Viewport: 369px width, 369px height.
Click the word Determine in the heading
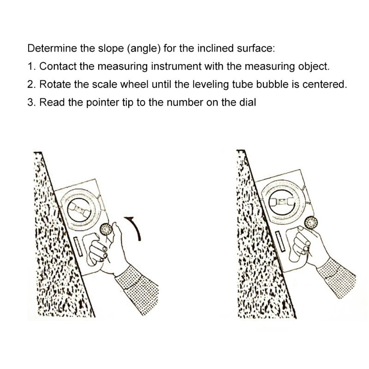(x=52, y=48)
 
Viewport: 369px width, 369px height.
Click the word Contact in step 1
(x=58, y=66)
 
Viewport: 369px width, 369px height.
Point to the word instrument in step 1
(x=176, y=66)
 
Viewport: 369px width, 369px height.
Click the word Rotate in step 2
(x=55, y=84)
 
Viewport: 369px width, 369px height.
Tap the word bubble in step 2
(x=272, y=84)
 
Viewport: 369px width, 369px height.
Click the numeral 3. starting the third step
(x=31, y=102)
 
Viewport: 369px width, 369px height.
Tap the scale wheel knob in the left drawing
(x=106, y=229)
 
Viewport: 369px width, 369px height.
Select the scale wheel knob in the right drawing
(x=311, y=223)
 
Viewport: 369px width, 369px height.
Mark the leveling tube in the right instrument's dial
(x=282, y=202)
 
